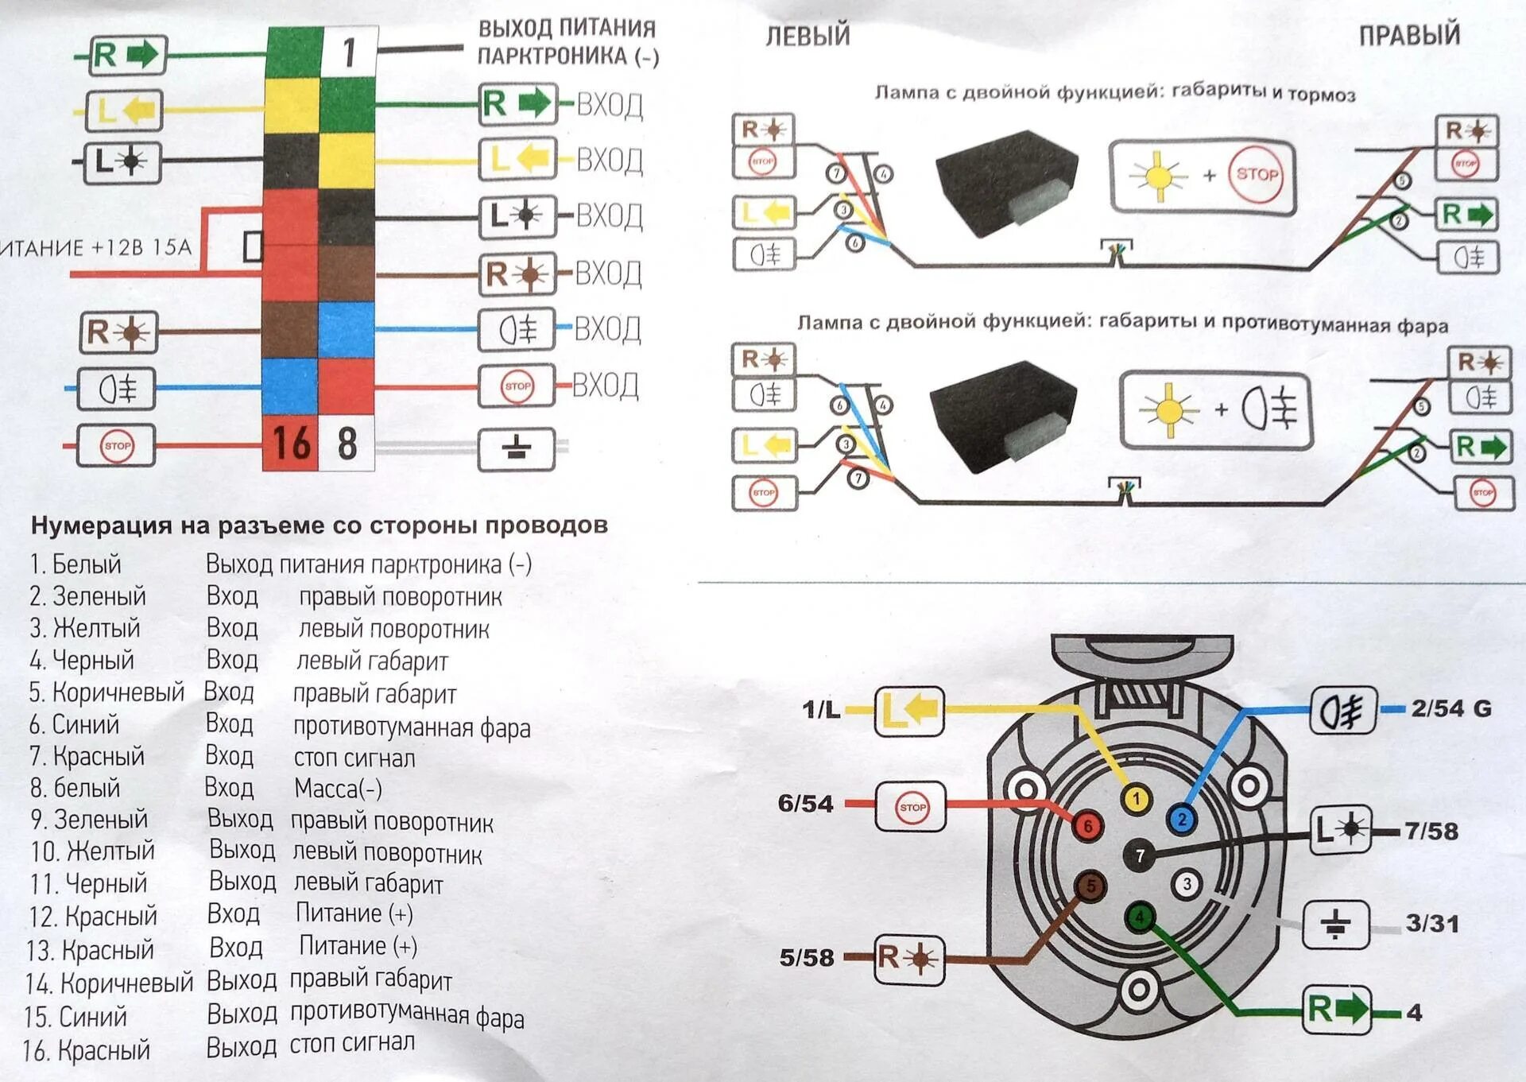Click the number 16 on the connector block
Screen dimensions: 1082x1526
tap(291, 444)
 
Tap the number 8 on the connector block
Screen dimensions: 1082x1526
tap(347, 444)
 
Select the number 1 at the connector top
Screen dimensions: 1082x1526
tap(349, 53)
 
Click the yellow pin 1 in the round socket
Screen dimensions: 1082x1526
tap(1136, 799)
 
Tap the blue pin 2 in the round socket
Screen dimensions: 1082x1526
tap(1182, 820)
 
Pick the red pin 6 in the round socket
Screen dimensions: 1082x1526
tap(1087, 826)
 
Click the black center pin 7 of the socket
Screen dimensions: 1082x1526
tap(1140, 855)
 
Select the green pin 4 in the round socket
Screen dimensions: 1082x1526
tap(1140, 918)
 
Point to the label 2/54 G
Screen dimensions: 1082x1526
tap(1450, 708)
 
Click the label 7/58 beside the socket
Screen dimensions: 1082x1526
tap(1431, 832)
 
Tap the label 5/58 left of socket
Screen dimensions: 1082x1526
tap(806, 957)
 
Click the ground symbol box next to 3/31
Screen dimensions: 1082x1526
tap(1335, 925)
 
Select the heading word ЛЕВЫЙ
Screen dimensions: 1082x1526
tap(808, 36)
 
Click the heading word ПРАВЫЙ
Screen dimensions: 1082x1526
tap(1408, 36)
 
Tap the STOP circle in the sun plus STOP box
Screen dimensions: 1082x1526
tap(1256, 174)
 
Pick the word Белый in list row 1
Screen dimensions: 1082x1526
tap(86, 564)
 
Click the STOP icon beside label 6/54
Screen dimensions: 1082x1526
tap(911, 807)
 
